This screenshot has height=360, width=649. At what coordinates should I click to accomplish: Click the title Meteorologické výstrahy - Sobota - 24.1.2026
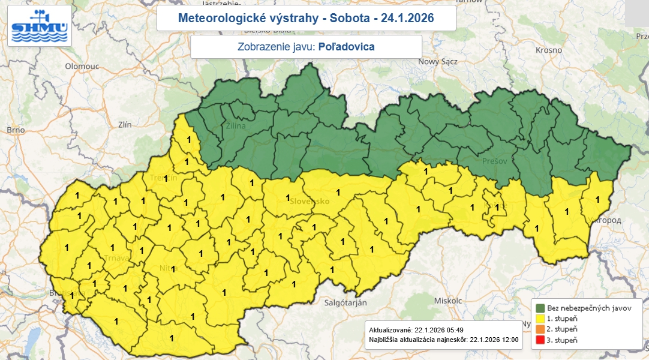point(306,19)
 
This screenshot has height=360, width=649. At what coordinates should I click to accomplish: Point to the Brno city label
point(15,130)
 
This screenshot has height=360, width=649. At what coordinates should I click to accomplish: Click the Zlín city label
point(125,125)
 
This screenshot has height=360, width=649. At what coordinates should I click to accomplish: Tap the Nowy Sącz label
point(438,61)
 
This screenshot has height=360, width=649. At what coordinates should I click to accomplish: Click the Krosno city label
point(549,51)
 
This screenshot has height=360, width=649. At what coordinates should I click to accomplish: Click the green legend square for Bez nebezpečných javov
point(540,308)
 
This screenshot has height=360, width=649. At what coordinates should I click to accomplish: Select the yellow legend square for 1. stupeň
point(540,319)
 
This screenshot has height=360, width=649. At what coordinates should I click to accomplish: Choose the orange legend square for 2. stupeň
point(540,329)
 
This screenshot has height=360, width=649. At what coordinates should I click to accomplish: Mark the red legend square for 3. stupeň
point(540,340)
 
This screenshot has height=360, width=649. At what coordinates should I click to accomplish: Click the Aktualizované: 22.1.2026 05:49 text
point(416,330)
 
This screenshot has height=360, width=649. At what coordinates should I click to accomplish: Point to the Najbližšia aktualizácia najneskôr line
point(443,340)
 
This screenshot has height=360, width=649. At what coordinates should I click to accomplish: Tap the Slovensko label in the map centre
point(310,202)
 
